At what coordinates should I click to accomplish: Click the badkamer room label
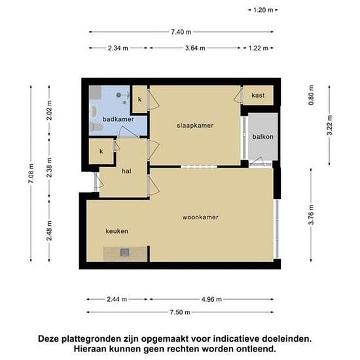[118, 119]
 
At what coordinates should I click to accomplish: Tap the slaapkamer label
[195, 126]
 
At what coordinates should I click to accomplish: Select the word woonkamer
[200, 217]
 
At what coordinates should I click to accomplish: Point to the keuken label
[117, 231]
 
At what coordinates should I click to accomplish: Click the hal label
[126, 171]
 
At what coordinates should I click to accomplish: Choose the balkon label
[263, 137]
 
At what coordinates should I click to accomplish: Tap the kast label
[258, 96]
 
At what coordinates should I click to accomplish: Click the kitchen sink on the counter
[124, 252]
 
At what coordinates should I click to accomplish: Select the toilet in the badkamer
[95, 127]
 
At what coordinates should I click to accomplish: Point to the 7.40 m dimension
[181, 32]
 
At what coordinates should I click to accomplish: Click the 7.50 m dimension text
[180, 312]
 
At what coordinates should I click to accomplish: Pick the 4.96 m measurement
[211, 299]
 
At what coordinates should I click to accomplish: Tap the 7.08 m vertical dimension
[31, 173]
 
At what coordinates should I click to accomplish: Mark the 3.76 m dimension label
[311, 215]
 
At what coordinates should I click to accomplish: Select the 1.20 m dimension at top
[263, 10]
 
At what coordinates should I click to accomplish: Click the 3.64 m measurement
[195, 48]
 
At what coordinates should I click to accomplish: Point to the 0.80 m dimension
[311, 95]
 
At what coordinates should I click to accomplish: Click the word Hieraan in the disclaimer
[89, 349]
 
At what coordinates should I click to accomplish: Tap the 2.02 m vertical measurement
[49, 111]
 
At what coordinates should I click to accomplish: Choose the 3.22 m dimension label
[329, 126]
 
